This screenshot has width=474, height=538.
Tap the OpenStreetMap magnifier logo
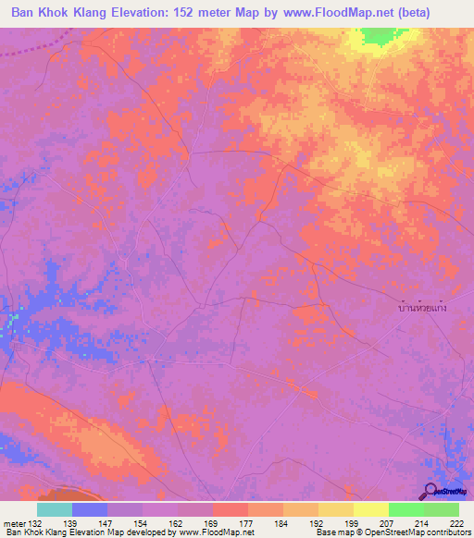click(x=431, y=490)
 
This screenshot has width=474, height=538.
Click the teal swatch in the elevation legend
click(x=54, y=509)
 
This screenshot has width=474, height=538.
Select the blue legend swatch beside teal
click(x=89, y=509)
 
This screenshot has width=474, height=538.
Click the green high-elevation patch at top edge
click(x=377, y=36)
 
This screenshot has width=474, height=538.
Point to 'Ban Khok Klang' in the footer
click(x=38, y=532)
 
